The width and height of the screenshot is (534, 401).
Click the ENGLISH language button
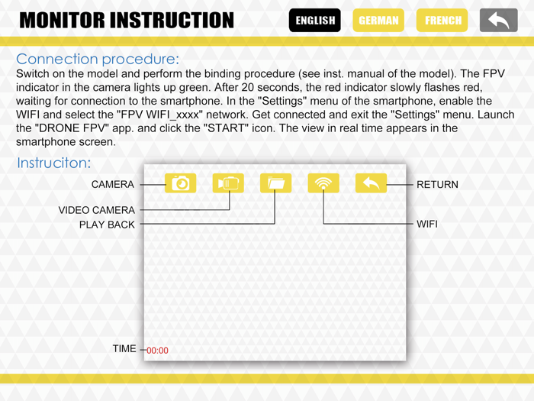(314, 21)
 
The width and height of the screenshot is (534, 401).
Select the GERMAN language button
(378, 21)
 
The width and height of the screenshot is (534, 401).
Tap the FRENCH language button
(442, 21)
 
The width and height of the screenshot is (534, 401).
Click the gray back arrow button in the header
(499, 21)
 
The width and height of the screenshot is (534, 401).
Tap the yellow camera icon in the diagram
(181, 183)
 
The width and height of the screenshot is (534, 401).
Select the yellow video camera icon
(228, 183)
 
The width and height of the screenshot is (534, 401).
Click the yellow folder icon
(276, 183)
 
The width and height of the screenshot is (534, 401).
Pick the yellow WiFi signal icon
(323, 183)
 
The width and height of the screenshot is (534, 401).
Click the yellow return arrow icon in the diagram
(372, 183)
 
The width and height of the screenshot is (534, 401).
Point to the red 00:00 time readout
(157, 351)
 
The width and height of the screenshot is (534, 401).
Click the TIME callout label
(124, 348)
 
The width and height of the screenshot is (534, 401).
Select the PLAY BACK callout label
(107, 225)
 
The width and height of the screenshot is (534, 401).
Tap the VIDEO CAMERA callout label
(97, 210)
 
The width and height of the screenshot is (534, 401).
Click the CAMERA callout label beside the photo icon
(113, 185)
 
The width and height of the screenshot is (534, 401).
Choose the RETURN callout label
(437, 185)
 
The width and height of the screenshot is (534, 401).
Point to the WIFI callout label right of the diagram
(427, 224)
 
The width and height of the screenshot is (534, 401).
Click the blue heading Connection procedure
(98, 60)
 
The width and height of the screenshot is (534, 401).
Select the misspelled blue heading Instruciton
(54, 163)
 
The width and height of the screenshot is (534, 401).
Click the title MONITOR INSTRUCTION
(127, 20)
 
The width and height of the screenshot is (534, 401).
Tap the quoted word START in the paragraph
(226, 128)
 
